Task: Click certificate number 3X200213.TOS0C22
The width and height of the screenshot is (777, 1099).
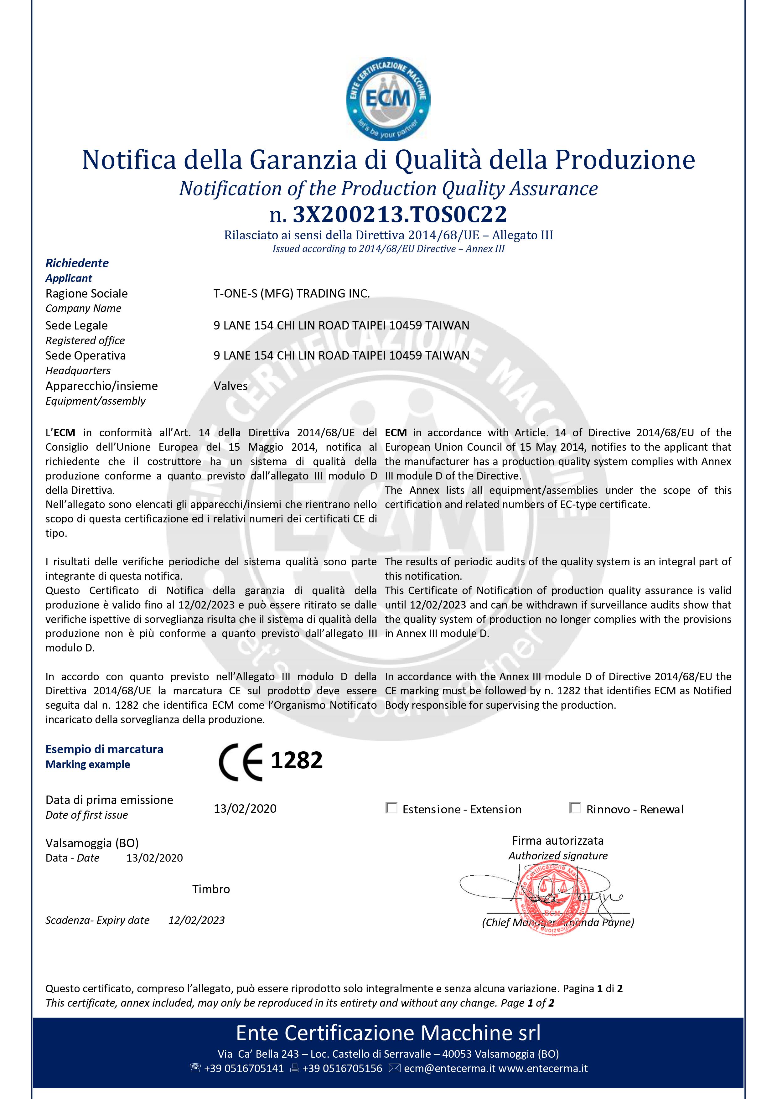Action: (399, 215)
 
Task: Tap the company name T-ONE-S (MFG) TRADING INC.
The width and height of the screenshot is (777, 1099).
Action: (292, 293)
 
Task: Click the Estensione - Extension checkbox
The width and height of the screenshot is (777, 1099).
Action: (391, 808)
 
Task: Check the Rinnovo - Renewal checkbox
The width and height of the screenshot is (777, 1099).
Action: (575, 808)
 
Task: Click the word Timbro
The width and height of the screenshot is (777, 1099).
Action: (211, 889)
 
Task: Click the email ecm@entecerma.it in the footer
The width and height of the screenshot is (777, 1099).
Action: (449, 1068)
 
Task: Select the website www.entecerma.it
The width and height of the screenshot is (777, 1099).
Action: (543, 1068)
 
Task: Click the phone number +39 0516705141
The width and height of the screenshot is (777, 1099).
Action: (244, 1068)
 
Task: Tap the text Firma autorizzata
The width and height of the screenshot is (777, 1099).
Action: (558, 841)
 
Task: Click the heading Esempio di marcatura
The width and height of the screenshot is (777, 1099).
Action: (104, 749)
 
